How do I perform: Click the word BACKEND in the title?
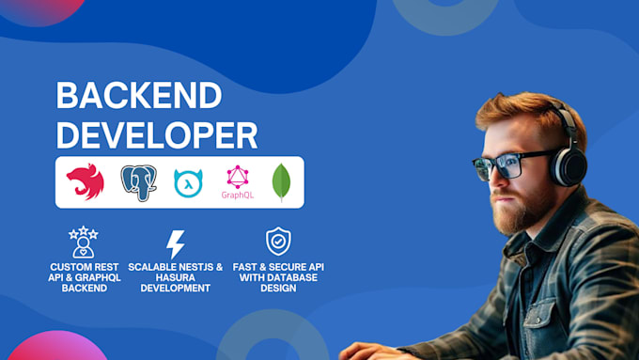(x=139, y=97)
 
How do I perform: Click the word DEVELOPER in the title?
(x=156, y=134)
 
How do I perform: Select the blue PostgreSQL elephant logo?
(x=138, y=181)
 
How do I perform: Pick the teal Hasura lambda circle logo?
(x=189, y=182)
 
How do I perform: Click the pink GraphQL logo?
(x=237, y=177)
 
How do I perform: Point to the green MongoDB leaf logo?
(x=281, y=182)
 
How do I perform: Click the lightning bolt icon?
(x=176, y=244)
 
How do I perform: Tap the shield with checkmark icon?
(x=278, y=242)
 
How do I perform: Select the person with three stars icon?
(x=84, y=243)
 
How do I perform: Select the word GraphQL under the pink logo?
(x=237, y=196)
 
